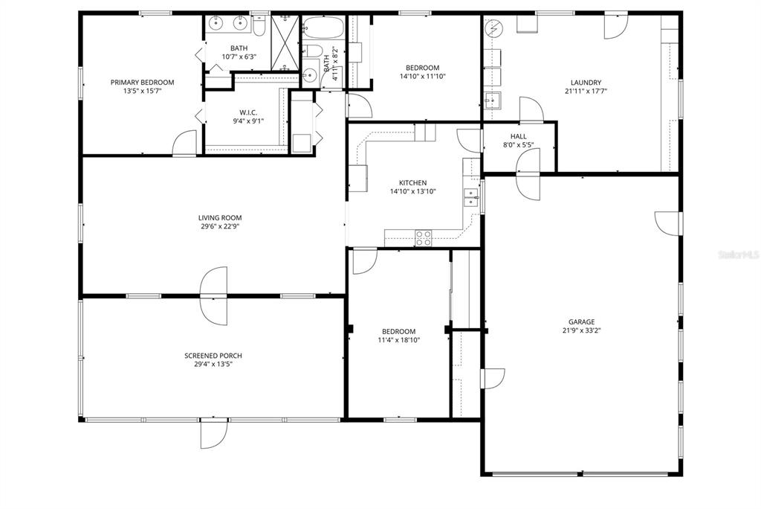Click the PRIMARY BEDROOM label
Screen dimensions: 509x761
click(x=142, y=83)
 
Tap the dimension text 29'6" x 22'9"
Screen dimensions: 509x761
click(x=220, y=226)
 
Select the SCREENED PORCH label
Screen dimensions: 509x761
click(x=213, y=356)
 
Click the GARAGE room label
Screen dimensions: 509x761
click(x=582, y=322)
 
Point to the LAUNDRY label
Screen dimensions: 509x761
click(x=586, y=83)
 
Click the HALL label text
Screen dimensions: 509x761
click(x=518, y=136)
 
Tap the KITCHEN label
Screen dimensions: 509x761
click(x=412, y=182)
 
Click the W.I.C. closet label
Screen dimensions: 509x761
click(x=247, y=112)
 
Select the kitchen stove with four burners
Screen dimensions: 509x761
click(x=423, y=238)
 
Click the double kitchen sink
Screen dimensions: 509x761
click(x=470, y=196)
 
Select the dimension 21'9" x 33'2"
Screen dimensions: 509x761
click(x=582, y=330)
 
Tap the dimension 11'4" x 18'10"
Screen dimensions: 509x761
click(x=399, y=340)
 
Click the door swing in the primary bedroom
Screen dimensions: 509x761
click(x=186, y=144)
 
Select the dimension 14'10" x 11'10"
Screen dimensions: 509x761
click(x=422, y=76)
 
